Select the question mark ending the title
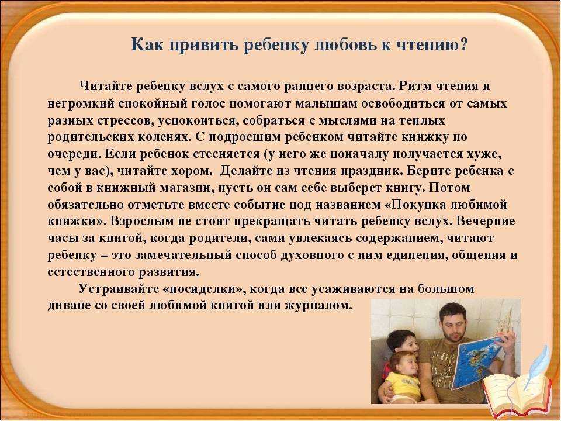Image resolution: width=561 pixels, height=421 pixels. [464, 45]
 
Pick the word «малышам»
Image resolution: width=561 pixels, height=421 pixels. [327, 103]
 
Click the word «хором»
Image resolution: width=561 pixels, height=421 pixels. [193, 171]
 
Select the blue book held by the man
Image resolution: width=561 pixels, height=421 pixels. [476, 361]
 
